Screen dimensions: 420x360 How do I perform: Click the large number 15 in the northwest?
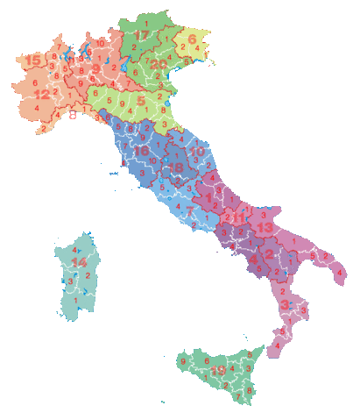(34, 60)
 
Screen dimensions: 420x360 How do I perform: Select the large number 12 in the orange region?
(42, 93)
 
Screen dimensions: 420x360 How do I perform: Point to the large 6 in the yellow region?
(191, 39)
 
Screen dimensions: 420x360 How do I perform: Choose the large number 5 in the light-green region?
(140, 102)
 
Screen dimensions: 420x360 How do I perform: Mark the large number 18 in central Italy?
(177, 168)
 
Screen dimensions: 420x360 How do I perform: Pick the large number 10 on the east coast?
(198, 153)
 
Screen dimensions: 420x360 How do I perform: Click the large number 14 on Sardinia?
(80, 261)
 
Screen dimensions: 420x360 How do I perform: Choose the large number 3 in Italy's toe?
(286, 303)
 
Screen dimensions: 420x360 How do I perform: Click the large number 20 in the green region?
(159, 63)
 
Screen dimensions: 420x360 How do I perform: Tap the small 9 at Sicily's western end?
(182, 361)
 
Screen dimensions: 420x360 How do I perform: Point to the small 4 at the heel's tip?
(340, 273)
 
